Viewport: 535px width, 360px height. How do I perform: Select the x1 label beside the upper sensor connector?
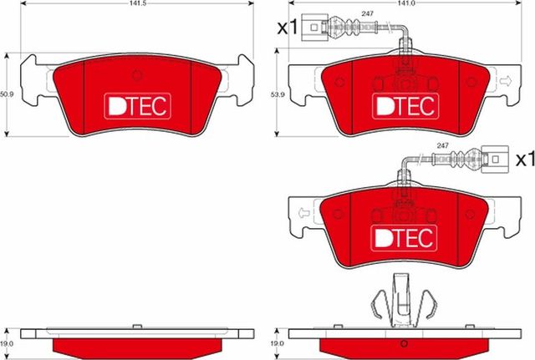coord(287,28)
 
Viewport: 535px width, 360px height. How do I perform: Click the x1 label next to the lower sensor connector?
coord(524,158)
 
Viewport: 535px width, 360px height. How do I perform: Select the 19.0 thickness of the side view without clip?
coord(7,342)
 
